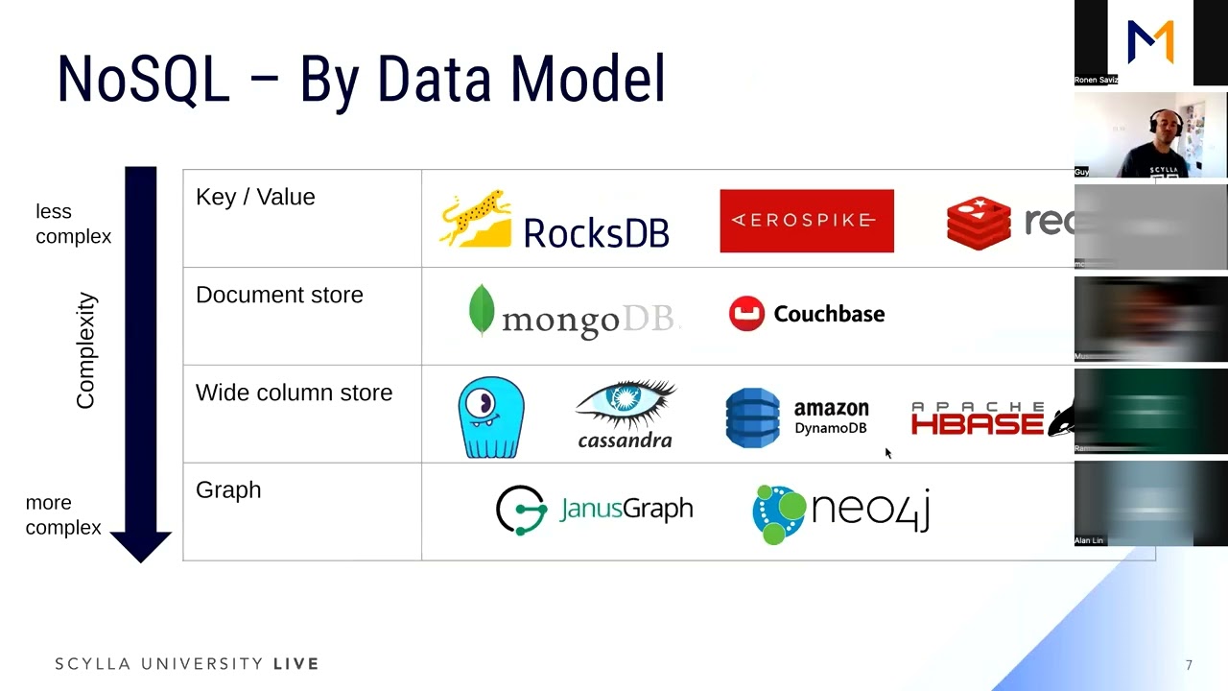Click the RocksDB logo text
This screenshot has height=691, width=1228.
click(595, 232)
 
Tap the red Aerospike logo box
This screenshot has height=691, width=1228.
click(806, 221)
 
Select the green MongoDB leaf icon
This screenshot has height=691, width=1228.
click(481, 310)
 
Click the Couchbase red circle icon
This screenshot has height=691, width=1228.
click(746, 314)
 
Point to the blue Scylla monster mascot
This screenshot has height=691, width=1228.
click(491, 417)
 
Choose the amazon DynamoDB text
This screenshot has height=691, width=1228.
click(831, 417)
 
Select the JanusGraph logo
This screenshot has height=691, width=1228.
click(595, 509)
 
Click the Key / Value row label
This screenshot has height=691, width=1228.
click(255, 197)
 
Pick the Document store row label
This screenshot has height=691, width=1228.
click(279, 295)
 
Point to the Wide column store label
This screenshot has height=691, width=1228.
click(294, 393)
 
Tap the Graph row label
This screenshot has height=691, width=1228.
click(228, 489)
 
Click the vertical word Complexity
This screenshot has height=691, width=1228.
click(86, 351)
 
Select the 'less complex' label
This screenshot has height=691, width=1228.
click(73, 224)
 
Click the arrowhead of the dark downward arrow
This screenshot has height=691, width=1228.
click(141, 546)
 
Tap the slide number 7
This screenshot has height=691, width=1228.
click(1189, 665)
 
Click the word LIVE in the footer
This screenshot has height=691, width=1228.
click(295, 664)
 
